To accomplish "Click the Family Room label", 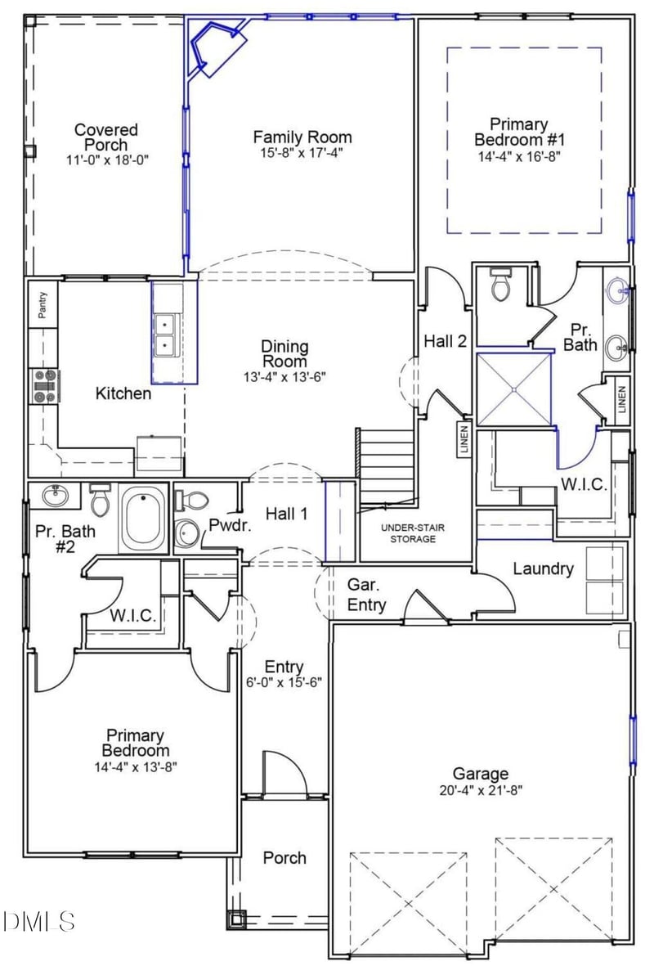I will click(x=302, y=137).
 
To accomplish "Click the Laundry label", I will click(x=543, y=568).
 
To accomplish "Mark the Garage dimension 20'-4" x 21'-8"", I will click(x=481, y=790).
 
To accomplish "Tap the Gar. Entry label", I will click(x=366, y=595).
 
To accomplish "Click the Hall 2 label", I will click(x=445, y=341).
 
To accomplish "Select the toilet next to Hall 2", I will click(x=499, y=286).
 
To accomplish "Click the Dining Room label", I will click(x=284, y=354).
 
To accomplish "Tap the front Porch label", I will click(x=284, y=858).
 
